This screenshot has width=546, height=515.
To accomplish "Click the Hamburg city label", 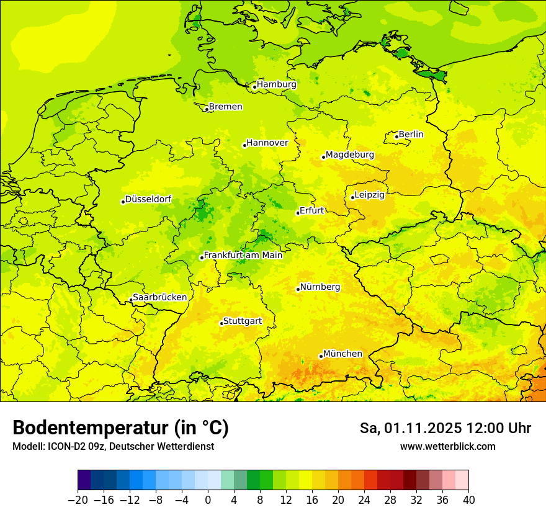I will tap(277, 84).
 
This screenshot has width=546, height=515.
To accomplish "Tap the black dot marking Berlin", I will tap(396, 137).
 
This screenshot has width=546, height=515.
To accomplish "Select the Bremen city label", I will tap(225, 107).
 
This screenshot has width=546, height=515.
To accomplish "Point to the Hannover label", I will tap(267, 143).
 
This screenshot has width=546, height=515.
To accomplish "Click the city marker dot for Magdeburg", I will tap(323, 157).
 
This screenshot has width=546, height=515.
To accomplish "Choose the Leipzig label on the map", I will tap(370, 195).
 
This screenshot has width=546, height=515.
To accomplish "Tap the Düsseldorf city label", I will tap(148, 199).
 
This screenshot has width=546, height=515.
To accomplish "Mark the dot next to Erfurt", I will tap(298, 213).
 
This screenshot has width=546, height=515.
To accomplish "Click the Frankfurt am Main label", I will tap(243, 255).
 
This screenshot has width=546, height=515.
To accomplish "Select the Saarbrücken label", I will tap(159, 297).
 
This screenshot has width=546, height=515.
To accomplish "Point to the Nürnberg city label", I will tap(320, 287).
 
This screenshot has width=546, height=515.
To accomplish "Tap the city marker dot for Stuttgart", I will tap(222, 323).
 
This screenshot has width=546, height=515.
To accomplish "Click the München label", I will tap(342, 354).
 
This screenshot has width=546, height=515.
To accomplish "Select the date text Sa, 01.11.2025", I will tap(409, 428).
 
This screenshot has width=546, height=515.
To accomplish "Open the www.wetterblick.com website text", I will tap(447, 447).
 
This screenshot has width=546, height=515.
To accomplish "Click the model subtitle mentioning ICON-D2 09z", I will tap(113, 447).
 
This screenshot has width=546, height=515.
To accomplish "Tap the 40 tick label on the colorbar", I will tap(468, 500).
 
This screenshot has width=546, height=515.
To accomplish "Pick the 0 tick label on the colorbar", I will tap(208, 500).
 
